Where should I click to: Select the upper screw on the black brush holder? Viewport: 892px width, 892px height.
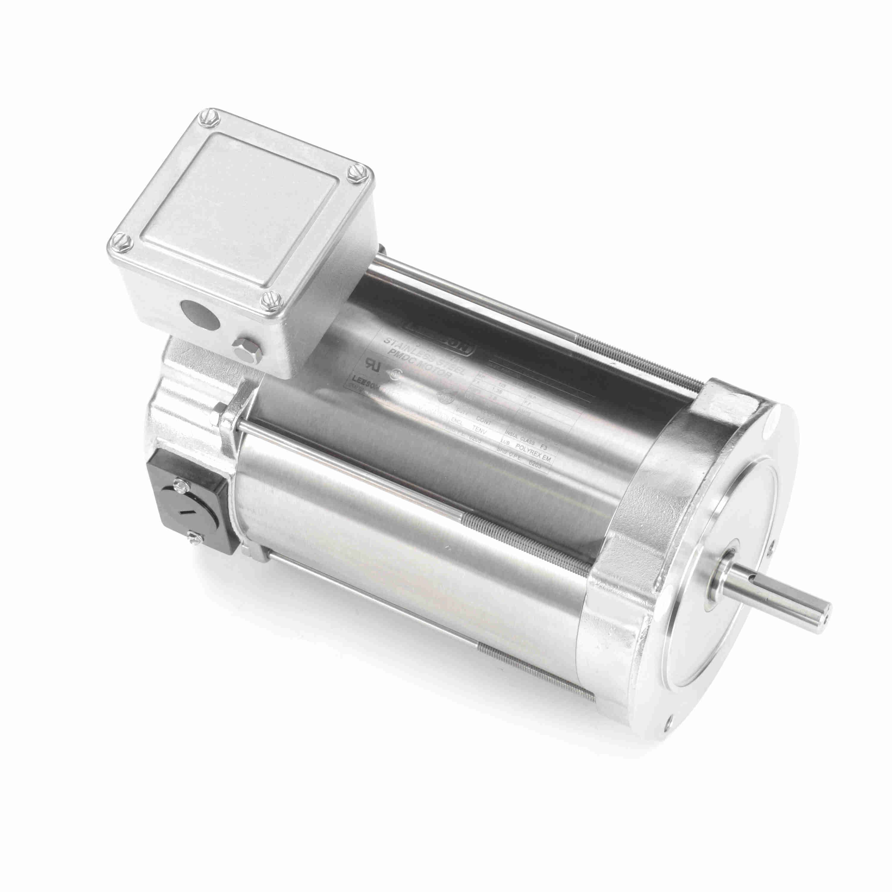click(180, 484)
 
